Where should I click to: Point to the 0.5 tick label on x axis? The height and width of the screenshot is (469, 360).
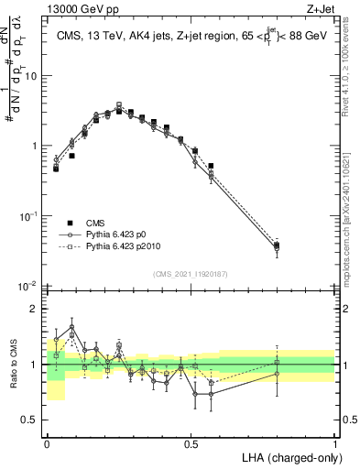[x=191, y=442]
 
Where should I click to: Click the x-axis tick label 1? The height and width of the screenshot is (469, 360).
[x=334, y=442]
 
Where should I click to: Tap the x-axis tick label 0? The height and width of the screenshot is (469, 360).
[x=48, y=442]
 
